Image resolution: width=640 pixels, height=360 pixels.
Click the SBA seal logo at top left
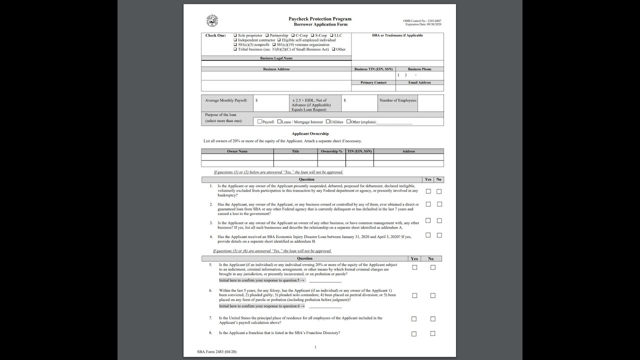(212, 21)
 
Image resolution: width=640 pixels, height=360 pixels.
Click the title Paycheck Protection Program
(320, 19)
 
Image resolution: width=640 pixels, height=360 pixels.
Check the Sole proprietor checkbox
(235, 35)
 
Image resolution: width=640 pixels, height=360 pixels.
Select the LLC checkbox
(331, 35)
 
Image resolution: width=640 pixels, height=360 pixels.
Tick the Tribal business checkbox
(235, 49)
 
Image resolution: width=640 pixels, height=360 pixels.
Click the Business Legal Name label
(276, 58)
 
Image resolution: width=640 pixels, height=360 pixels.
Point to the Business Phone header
(419, 69)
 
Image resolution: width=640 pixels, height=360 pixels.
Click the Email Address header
(419, 82)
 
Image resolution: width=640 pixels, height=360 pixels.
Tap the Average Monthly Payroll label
(226, 100)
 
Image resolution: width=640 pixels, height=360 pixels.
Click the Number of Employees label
(397, 100)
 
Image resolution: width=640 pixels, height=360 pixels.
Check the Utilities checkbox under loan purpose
(328, 121)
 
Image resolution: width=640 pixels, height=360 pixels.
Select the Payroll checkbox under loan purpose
(259, 121)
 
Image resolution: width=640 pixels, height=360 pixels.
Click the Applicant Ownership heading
(310, 134)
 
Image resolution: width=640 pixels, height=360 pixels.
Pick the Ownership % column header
(331, 151)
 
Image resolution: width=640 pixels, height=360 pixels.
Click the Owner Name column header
(237, 151)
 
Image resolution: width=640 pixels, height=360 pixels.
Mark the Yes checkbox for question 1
(428, 191)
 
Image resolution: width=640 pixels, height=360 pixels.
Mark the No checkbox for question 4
(439, 235)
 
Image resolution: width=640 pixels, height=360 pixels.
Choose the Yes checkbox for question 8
(414, 333)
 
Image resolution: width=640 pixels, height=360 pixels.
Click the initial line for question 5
(325, 281)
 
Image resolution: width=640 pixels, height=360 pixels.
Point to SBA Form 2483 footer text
(217, 352)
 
